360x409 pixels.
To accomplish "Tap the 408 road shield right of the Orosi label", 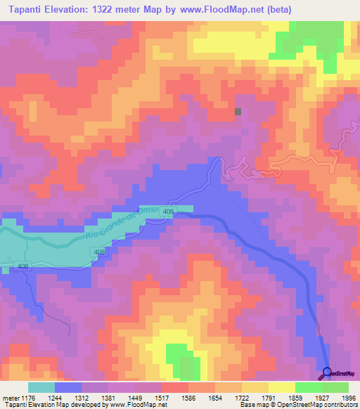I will tap(168, 211).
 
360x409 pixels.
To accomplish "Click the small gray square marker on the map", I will tap(238, 111).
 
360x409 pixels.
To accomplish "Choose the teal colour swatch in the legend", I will tap(41, 387).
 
